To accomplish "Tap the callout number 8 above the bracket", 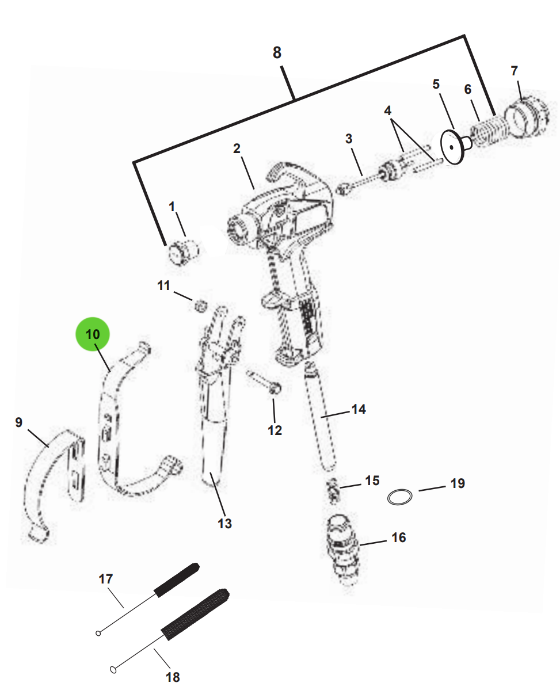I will [277, 53].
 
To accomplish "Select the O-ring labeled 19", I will [399, 497].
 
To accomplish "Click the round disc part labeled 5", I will [454, 147].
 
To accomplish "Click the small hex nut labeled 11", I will [199, 306].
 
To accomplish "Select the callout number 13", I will [224, 523].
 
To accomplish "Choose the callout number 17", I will [106, 579].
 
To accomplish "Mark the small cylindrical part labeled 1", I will [182, 251].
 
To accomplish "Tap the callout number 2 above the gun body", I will [237, 148].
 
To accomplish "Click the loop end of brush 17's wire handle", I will [98, 634].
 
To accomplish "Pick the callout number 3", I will [349, 139].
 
